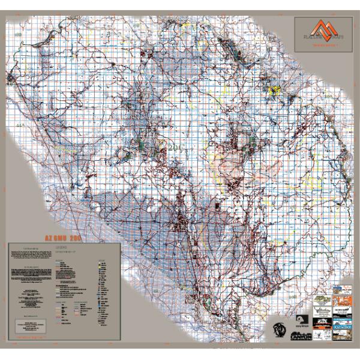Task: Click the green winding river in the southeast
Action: coord(312,252)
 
